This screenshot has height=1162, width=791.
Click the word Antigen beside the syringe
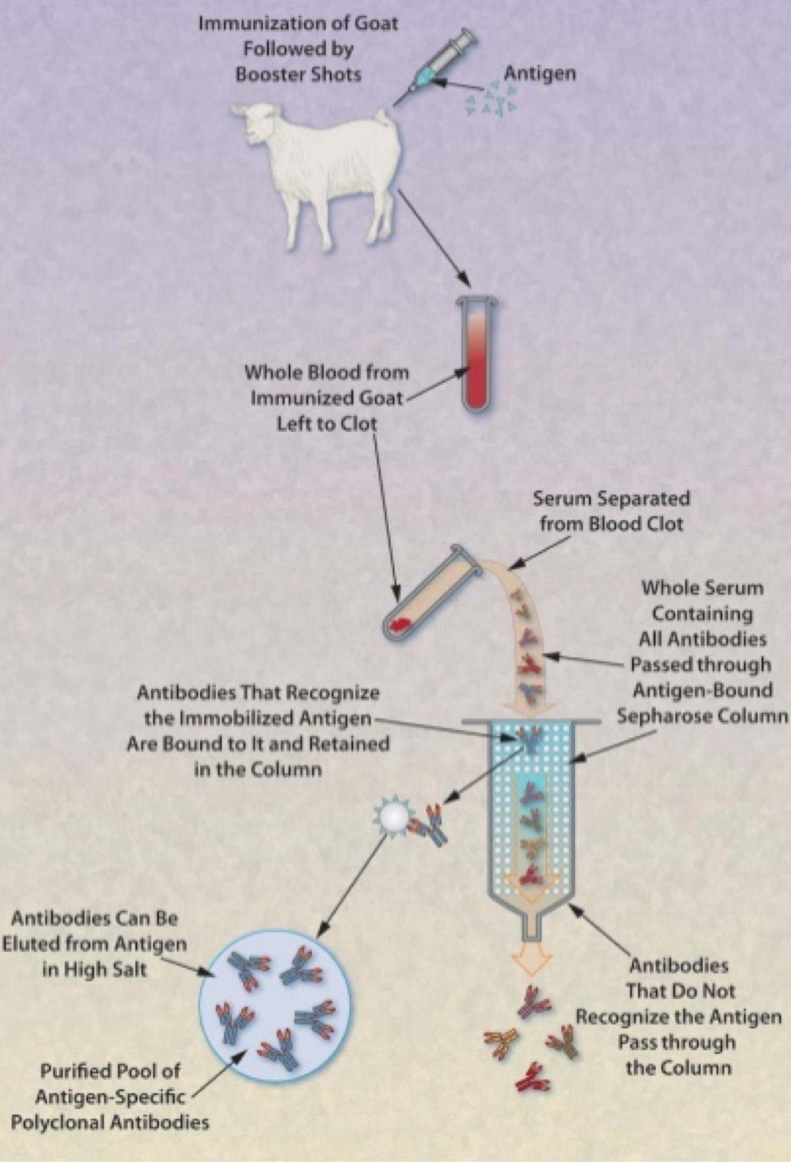[x=539, y=74]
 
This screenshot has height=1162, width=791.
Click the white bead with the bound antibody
[x=394, y=817]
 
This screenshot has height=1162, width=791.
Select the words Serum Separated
[x=611, y=499]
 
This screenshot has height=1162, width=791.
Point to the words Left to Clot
[x=327, y=424]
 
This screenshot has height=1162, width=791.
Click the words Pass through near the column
[x=677, y=1042]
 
